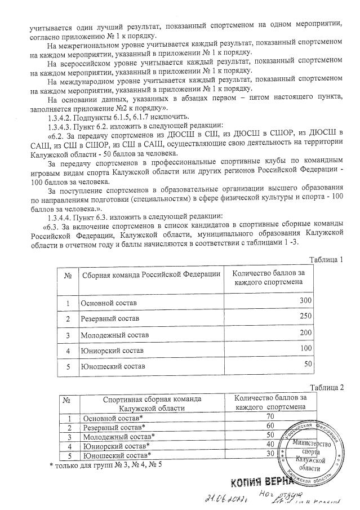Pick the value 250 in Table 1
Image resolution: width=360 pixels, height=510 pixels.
click(x=305, y=316)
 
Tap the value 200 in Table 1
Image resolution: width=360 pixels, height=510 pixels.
click(x=305, y=333)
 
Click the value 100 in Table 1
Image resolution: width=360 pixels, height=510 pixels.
click(x=305, y=349)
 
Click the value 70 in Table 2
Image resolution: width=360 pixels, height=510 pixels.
click(x=270, y=416)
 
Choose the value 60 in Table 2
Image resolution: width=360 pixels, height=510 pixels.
click(x=270, y=425)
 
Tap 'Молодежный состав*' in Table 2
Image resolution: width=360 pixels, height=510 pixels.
click(x=119, y=436)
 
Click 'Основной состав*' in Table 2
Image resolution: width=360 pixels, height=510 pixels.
click(x=113, y=418)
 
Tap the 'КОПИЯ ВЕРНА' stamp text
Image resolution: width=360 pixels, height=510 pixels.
click(x=263, y=482)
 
